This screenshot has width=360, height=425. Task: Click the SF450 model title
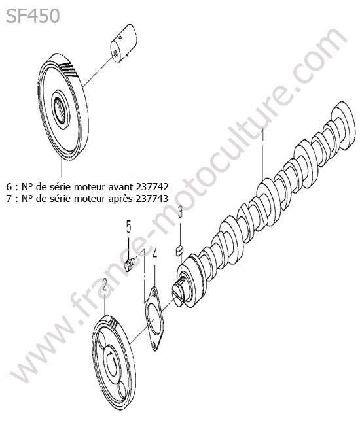[x=33, y=16]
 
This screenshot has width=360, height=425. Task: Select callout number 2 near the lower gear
[x=105, y=285]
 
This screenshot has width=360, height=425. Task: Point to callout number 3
[x=181, y=212]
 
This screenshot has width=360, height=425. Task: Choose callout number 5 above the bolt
[x=128, y=227]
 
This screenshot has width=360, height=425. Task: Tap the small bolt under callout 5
[x=130, y=264]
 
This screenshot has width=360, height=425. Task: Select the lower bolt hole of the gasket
[x=154, y=345]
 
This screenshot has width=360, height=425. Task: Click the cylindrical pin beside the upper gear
[x=124, y=43]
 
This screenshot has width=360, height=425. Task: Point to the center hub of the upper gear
[x=60, y=110]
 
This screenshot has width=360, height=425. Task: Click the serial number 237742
[x=153, y=186]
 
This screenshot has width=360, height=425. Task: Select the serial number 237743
[x=153, y=199]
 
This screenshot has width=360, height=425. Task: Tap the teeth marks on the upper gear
[x=68, y=69]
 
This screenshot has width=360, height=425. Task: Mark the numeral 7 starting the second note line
[x=9, y=199]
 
